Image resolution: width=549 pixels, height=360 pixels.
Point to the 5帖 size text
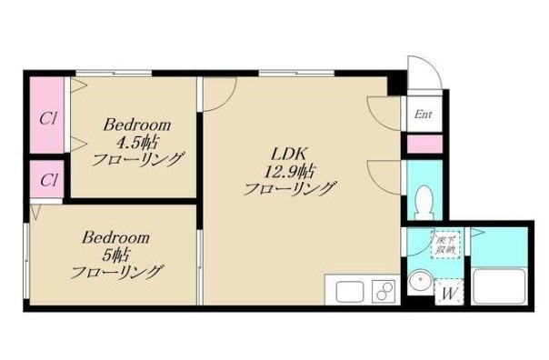pos(116,255)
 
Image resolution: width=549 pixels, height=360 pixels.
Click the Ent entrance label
pos(423,115)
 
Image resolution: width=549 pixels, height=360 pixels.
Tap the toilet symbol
pos(424,199)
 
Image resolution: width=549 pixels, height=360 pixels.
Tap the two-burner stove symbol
pos(383,293)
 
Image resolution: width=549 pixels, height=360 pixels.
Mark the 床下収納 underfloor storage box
pos(445,243)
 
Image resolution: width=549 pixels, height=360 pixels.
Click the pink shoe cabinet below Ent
pos(424,143)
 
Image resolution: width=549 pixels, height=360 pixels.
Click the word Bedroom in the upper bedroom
pos(137,124)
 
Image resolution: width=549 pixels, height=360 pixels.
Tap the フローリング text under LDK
pos(290,188)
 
